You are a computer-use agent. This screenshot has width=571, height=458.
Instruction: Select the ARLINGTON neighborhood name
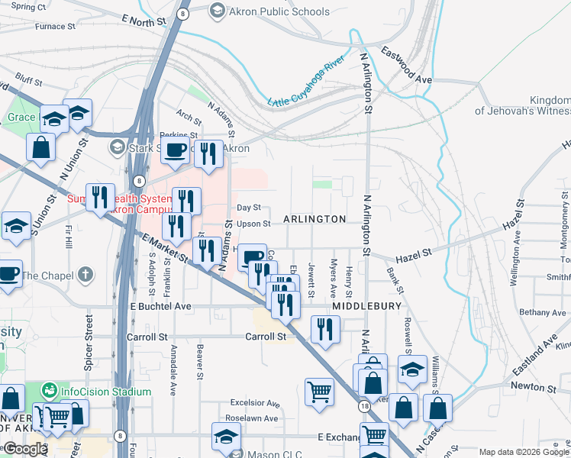315,219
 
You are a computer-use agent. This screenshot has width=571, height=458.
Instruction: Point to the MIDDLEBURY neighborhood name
366,305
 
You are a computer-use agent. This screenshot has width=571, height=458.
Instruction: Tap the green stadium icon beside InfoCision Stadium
50,391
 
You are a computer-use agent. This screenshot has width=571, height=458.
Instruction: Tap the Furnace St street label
56,26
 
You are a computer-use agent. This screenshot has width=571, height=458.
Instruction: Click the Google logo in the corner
24,449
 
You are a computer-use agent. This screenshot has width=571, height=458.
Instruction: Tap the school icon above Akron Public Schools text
217,11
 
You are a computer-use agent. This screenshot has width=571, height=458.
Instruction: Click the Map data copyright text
524,452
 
